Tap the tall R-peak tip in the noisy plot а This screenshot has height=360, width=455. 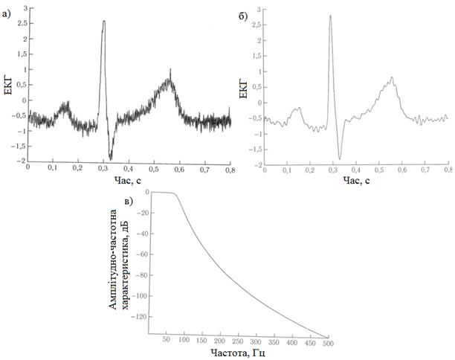tap(104, 22)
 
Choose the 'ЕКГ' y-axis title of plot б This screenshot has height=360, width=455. tap(240, 88)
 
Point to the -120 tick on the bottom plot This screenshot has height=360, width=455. tap(138, 317)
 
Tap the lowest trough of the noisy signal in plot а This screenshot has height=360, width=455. tap(111, 158)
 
